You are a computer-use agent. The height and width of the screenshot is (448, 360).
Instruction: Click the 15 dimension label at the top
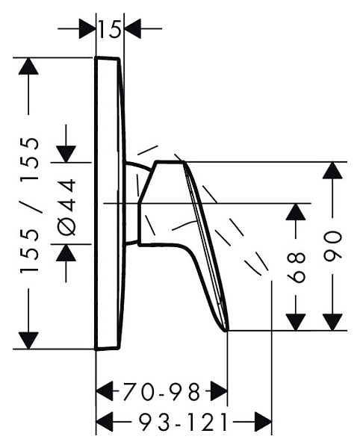pyautogui.click(x=110, y=29)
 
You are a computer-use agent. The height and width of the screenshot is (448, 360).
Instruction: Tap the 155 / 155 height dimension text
pyautogui.click(x=29, y=205)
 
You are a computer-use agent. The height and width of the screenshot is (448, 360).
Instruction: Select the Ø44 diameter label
pyautogui.click(x=67, y=207)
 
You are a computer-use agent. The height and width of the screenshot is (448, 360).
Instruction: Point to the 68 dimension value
pyautogui.click(x=296, y=267)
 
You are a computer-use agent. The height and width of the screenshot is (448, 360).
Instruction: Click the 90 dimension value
pyautogui.click(x=332, y=246)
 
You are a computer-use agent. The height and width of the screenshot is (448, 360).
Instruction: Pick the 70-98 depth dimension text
pyautogui.click(x=161, y=391)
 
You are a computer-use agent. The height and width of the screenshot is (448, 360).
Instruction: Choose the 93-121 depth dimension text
pyautogui.click(x=184, y=423)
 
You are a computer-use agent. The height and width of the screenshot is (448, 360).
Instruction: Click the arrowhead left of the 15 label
pyautogui.click(x=87, y=28)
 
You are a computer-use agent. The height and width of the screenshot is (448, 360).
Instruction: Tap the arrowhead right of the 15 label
pyautogui.click(x=133, y=28)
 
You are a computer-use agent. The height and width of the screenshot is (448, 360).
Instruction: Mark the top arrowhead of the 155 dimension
pyautogui.click(x=28, y=66)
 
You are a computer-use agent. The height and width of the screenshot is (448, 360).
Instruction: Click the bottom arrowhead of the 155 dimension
pyautogui.click(x=28, y=340)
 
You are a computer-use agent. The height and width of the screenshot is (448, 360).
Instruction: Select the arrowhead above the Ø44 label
pyautogui.click(x=66, y=155)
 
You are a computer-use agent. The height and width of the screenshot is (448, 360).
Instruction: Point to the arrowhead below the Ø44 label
pyautogui.click(x=66, y=253)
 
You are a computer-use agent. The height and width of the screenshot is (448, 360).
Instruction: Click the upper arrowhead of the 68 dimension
pyautogui.click(x=296, y=212)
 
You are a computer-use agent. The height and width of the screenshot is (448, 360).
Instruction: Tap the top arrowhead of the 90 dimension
pyautogui.click(x=332, y=170)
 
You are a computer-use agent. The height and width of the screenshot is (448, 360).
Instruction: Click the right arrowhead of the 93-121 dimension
pyautogui.click(x=263, y=422)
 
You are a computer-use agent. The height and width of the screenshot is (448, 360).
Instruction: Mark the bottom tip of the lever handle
pyautogui.click(x=226, y=331)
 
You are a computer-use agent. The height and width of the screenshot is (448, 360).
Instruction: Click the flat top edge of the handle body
pyautogui.click(x=170, y=162)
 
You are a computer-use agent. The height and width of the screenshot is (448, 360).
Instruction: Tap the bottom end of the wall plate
pyautogui.click(x=107, y=349)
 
